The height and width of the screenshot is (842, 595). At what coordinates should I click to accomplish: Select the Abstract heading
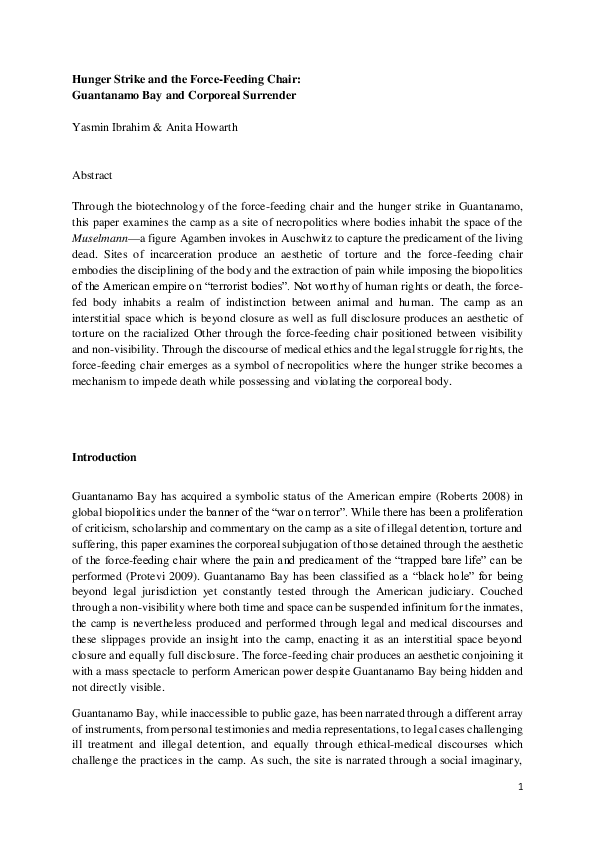click(92, 174)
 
